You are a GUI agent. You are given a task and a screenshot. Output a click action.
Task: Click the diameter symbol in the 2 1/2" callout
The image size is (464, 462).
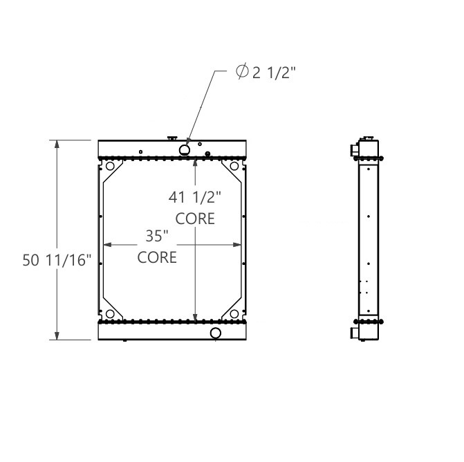242,73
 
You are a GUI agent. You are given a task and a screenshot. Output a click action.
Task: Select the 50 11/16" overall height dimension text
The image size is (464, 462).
57,260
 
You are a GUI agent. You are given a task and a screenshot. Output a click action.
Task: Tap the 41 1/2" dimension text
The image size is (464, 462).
194,197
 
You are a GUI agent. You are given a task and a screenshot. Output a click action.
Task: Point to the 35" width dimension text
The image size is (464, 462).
157,236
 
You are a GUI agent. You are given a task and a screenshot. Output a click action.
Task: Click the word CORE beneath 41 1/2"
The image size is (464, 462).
195,219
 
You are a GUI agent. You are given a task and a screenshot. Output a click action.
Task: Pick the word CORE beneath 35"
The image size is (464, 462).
157,257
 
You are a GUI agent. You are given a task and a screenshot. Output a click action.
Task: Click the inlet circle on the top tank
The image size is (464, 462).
185,150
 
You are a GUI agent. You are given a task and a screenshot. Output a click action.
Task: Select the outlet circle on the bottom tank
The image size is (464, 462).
216,333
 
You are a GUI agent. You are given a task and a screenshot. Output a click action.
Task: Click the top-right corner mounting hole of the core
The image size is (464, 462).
234,167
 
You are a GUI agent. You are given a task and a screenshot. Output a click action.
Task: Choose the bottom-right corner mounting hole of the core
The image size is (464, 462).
234,314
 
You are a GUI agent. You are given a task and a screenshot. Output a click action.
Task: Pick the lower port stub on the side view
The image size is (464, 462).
355,333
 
